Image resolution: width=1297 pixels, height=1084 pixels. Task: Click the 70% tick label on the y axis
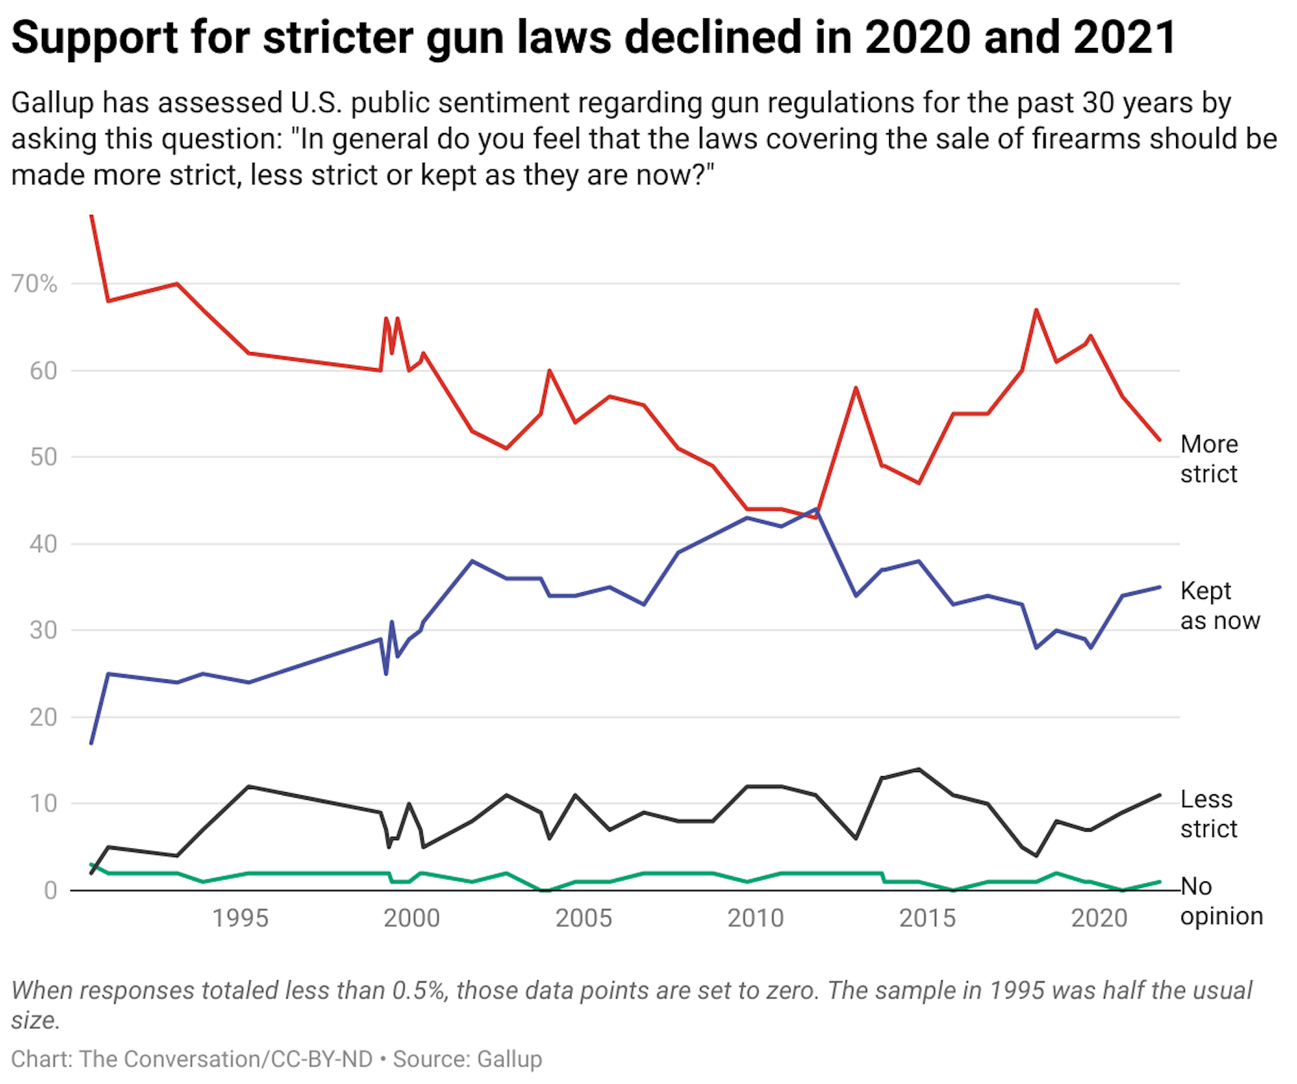34,284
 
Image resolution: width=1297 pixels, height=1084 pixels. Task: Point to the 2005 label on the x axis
583,919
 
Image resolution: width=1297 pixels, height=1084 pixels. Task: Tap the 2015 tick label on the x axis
927,919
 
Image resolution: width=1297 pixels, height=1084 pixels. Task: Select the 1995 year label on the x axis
240,919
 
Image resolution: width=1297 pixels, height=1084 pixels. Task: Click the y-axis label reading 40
43,544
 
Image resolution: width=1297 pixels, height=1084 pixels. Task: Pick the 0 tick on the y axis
51,890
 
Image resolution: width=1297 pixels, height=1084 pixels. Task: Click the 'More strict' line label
1209,459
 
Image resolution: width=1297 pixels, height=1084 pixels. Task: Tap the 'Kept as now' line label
1219,605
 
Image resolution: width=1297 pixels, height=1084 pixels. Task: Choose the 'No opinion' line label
1220,900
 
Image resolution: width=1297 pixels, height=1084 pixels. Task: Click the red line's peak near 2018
1036,310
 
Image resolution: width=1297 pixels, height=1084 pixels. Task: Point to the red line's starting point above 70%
91,216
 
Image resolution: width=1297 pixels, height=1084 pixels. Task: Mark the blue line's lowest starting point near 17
91,743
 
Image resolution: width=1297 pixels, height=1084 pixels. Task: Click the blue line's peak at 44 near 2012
817,509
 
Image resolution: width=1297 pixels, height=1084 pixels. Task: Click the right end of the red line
1160,440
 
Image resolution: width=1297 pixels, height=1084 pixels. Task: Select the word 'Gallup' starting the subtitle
52,103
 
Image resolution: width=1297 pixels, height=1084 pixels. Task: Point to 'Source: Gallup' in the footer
467,1059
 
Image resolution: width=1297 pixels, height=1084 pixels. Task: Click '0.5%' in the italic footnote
419,990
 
